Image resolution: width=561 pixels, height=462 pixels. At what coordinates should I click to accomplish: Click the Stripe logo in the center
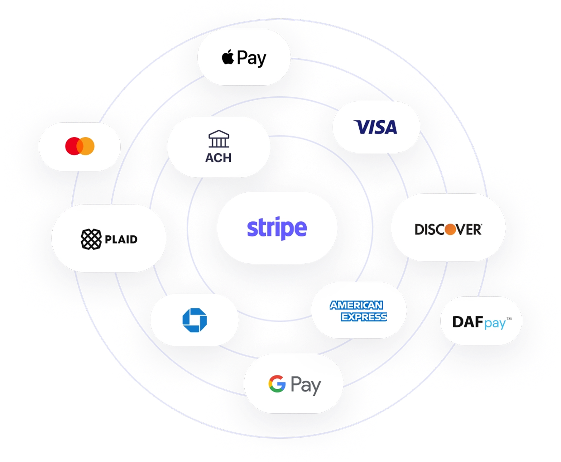coord(277,228)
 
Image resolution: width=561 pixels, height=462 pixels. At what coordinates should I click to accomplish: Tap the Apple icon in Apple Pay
coord(228,57)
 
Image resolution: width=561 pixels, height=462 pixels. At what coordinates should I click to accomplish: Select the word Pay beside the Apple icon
coord(252,58)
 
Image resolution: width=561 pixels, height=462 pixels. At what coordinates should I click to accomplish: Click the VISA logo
coord(376,127)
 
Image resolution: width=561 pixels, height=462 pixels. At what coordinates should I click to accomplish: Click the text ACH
coord(218,158)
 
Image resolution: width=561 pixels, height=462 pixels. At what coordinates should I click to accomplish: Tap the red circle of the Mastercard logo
coord(73,146)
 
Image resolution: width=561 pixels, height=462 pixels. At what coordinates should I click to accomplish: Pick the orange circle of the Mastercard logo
coord(88,146)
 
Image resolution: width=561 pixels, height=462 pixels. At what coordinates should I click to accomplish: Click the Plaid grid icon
coord(91,239)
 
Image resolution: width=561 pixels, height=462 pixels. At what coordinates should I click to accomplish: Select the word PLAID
coord(121,239)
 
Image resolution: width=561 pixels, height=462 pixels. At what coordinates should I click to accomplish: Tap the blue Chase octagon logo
coord(194,320)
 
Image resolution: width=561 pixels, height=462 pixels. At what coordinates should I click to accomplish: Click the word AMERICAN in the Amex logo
coord(357,305)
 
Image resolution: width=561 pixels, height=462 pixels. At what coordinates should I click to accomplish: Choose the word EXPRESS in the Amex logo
coord(364,317)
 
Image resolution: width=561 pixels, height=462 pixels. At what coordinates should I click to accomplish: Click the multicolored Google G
coord(277,383)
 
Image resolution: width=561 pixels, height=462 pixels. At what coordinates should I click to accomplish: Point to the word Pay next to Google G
coord(305,385)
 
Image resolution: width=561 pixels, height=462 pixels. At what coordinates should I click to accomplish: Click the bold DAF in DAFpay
coord(467,322)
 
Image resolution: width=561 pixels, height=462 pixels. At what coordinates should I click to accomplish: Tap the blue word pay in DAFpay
coord(495,324)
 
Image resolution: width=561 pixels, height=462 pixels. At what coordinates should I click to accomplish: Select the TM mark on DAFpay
coord(509,319)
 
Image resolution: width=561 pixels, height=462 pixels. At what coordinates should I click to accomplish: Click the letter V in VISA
coord(361,127)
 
